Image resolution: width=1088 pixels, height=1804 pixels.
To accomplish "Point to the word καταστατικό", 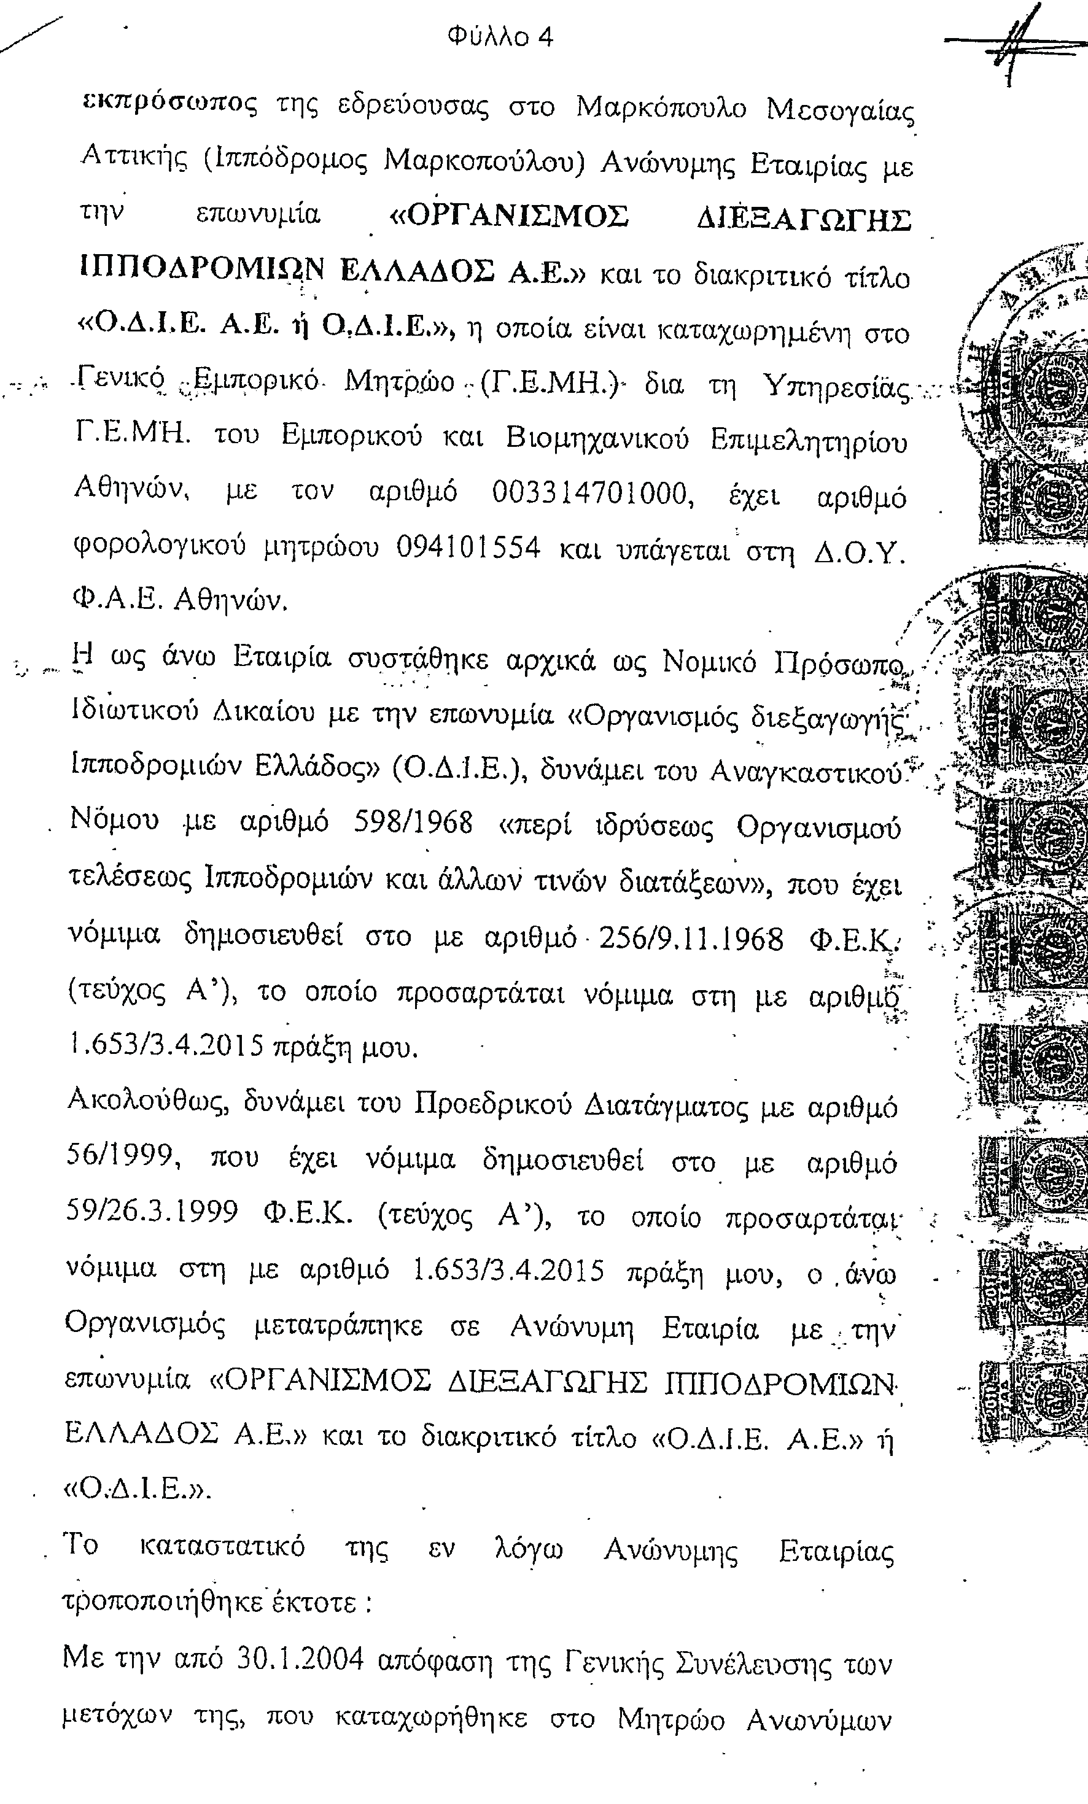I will click(x=222, y=1546).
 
